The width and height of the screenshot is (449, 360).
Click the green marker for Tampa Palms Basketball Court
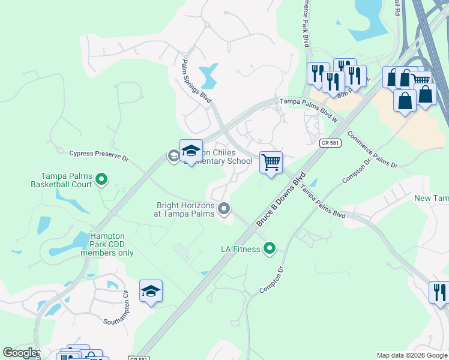click(102, 178)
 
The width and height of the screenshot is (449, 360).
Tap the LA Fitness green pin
click(270, 247)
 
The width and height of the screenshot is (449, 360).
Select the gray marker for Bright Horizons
click(224, 208)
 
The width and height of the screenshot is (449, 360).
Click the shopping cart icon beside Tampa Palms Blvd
click(271, 162)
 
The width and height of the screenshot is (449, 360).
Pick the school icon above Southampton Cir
click(151, 291)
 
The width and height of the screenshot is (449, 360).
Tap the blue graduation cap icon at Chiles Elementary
click(191, 151)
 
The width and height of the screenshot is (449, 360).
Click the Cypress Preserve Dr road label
click(99, 154)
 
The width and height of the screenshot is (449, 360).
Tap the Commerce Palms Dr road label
click(372, 149)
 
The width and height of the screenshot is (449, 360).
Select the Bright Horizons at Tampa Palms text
click(185, 209)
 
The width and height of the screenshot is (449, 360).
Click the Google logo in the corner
click(20, 353)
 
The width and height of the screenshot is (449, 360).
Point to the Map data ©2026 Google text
click(411, 355)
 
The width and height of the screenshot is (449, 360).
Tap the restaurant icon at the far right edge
click(439, 292)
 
